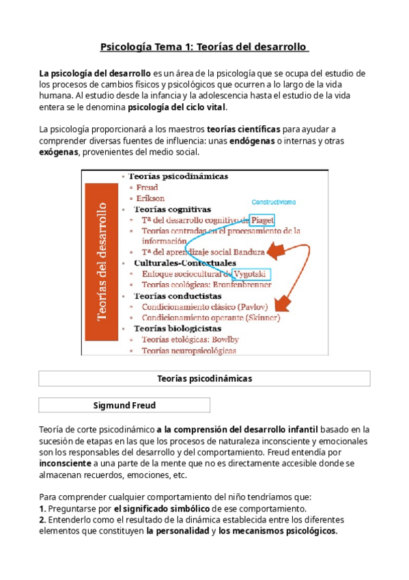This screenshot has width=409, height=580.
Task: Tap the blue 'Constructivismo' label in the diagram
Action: click(274, 202)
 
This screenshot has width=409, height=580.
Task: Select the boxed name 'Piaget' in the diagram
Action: click(262, 220)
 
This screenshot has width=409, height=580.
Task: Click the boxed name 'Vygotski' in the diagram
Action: click(251, 274)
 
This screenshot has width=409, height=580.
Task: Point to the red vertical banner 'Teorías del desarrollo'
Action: click(103, 261)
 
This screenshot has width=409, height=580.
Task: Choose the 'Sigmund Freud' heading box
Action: click(124, 406)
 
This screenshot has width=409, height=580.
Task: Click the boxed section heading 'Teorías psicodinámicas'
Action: click(204, 378)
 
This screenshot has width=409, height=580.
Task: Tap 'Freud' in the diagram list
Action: click(147, 187)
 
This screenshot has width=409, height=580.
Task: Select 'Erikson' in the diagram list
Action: click(150, 198)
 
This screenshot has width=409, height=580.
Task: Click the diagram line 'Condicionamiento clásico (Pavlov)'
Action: click(206, 307)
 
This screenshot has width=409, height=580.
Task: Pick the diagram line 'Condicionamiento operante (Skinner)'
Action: click(210, 317)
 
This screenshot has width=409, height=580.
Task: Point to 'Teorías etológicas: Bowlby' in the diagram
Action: click(190, 340)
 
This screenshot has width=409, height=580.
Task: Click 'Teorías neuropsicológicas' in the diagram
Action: click(189, 351)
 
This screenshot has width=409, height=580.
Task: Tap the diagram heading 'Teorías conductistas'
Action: click(178, 296)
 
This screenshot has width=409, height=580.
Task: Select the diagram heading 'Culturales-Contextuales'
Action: click(185, 263)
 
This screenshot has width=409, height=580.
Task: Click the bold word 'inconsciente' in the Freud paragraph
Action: click(66, 464)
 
